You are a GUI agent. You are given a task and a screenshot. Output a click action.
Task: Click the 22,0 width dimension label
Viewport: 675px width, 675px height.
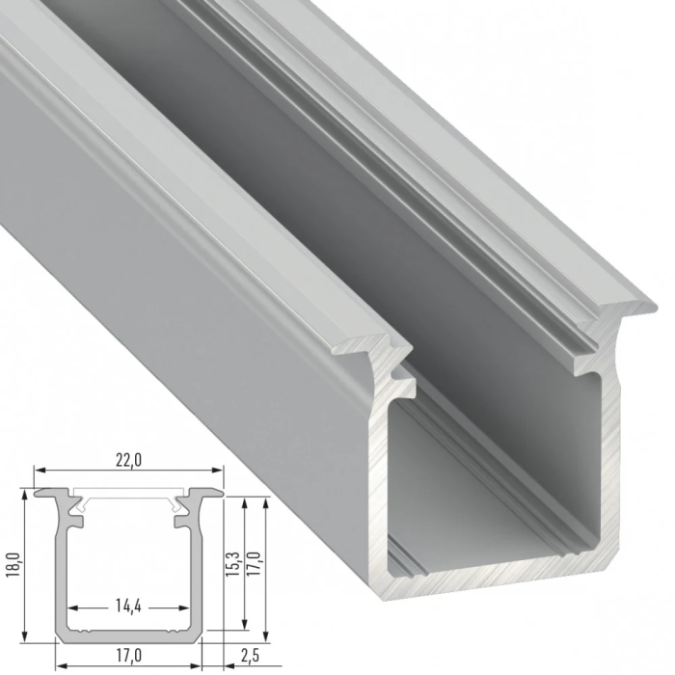click(x=128, y=460)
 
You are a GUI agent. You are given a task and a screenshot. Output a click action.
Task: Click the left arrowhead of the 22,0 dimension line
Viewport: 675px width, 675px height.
click(x=38, y=471)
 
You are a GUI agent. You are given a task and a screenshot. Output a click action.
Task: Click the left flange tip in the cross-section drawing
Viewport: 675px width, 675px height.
click(x=40, y=493)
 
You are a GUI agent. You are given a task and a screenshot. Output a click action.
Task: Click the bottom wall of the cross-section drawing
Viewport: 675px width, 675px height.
click(x=128, y=636)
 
